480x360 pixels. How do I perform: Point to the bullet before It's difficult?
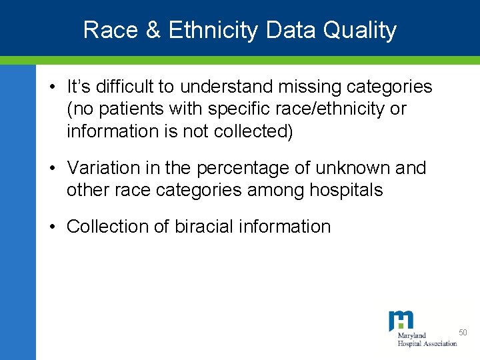51,87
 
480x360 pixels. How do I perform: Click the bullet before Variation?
51,168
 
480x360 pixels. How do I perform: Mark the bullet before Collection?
51,227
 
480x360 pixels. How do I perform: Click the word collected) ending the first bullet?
253,131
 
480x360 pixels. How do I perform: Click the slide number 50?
464,332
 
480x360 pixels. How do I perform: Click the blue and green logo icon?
401,321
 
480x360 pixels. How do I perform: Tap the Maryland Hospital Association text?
427,339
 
